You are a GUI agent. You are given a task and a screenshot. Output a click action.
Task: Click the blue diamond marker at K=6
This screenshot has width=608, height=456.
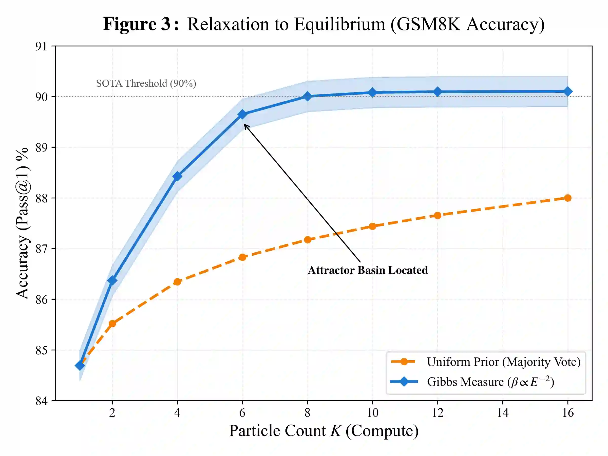coord(242,114)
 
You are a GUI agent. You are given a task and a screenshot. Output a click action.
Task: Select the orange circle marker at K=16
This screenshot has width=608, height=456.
coord(568,198)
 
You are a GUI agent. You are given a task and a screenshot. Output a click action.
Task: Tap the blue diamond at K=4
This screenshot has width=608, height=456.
coord(177,176)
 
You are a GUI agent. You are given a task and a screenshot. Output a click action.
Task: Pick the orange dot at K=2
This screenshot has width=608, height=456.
coord(112,324)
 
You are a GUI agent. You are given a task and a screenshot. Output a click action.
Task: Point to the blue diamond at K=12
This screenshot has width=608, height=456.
coord(438,92)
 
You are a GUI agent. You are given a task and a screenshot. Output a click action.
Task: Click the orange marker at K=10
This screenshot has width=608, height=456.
coord(372,226)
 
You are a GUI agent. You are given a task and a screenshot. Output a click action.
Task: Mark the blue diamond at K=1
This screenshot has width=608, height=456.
coord(80,366)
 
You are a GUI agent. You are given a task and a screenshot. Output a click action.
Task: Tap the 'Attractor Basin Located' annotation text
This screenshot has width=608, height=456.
coord(368,270)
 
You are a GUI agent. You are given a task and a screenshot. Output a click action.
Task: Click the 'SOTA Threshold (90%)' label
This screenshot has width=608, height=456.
coord(146,83)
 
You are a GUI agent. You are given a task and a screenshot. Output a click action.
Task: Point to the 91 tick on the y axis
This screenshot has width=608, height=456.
coord(41,46)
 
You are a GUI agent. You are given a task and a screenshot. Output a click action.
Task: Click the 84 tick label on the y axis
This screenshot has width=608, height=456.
coord(41,401)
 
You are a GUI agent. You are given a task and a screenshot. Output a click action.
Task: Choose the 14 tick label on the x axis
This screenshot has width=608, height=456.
coord(503,413)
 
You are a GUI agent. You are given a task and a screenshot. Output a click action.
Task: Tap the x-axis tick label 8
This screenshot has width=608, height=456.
coord(308,413)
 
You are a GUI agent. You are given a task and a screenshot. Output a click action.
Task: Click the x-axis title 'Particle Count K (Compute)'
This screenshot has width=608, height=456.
coord(324,431)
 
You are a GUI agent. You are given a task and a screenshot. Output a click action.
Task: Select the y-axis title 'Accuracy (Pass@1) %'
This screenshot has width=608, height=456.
coord(23,223)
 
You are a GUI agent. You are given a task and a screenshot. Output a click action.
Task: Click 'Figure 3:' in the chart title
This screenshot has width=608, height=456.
coord(141,24)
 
